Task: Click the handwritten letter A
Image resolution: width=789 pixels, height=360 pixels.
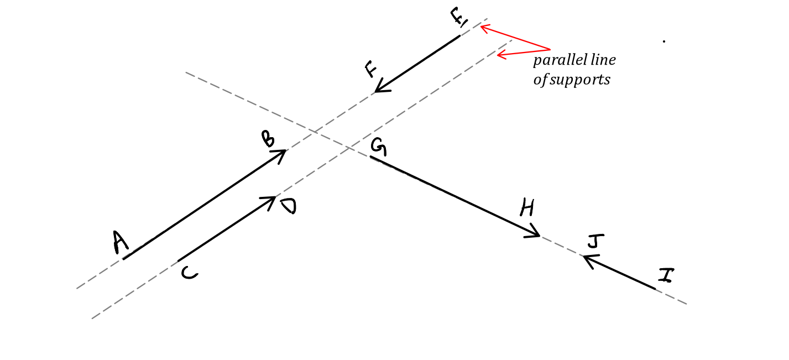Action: click(x=120, y=243)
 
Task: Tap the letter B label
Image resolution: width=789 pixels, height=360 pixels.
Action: click(x=268, y=139)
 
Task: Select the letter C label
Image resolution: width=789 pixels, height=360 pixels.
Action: click(x=189, y=273)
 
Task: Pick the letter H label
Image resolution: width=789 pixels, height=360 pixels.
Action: click(x=527, y=208)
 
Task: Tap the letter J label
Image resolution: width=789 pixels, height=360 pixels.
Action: click(x=593, y=242)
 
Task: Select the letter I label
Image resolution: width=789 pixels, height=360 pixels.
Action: click(x=665, y=275)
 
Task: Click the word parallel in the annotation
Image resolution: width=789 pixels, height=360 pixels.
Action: click(x=555, y=60)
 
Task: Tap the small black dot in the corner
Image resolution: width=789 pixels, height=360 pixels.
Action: click(x=664, y=41)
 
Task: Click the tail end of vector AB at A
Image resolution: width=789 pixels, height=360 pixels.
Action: click(x=123, y=259)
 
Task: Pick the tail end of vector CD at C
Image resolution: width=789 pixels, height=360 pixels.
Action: click(x=178, y=260)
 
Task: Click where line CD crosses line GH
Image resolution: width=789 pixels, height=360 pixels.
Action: click(x=349, y=147)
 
